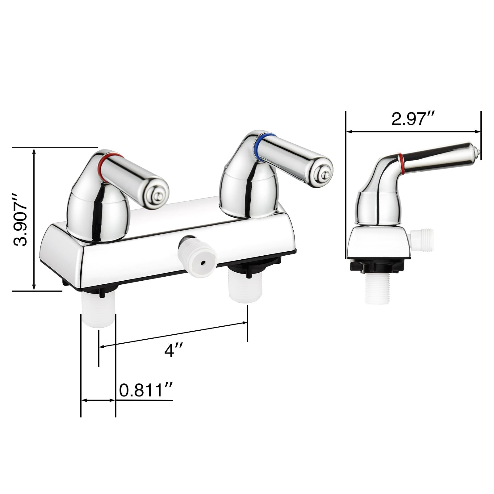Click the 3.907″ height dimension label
20,220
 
